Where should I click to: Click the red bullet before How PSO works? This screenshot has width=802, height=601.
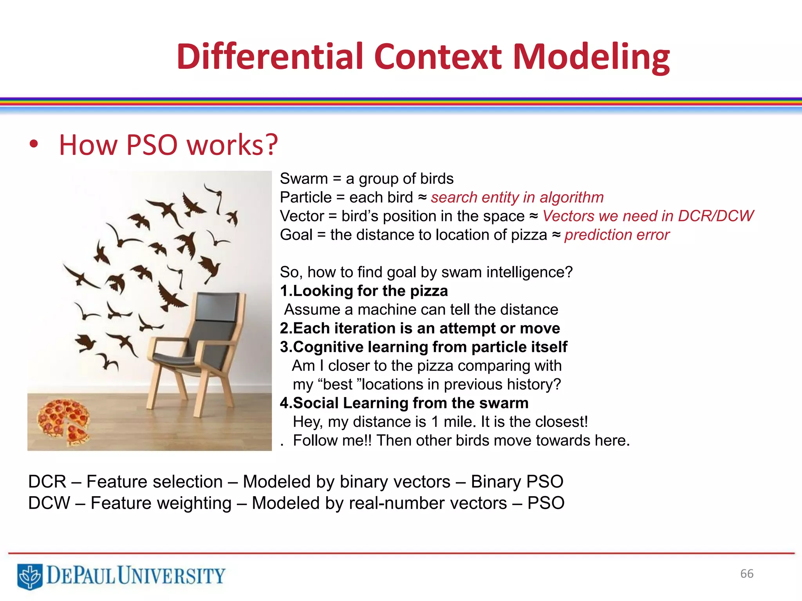(34, 144)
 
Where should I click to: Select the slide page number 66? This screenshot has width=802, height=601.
(746, 574)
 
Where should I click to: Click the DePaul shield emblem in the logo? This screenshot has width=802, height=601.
(30, 576)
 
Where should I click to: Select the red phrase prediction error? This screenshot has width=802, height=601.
(616, 235)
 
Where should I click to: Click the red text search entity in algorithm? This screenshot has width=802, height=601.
(517, 198)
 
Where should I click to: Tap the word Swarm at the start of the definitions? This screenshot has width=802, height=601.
(303, 179)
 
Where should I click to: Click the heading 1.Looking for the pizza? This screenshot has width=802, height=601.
(364, 291)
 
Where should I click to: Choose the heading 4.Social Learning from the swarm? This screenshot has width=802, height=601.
(404, 403)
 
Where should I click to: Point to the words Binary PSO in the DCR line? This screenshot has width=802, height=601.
(517, 482)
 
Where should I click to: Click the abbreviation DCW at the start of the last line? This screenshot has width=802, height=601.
(49, 503)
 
